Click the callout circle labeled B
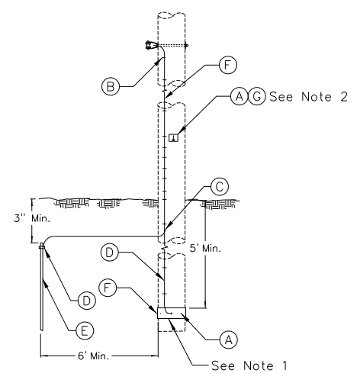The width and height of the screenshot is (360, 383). (x=111, y=86)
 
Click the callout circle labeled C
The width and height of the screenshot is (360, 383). (x=220, y=187)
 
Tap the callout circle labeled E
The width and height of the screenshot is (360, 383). (x=85, y=330)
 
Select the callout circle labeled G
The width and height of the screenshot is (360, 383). (x=257, y=97)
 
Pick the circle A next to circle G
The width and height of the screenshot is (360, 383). (x=239, y=97)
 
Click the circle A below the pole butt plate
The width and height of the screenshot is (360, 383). (x=229, y=340)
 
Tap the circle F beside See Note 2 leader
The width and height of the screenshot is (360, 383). (x=228, y=65)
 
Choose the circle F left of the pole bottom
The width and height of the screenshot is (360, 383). (x=108, y=288)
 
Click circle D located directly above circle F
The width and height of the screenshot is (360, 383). (x=110, y=253)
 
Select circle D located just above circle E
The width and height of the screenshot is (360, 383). (x=87, y=301)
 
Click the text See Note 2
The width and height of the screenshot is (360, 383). (x=308, y=97)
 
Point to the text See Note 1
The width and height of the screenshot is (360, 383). (x=249, y=365)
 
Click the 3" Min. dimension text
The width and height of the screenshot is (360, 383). (x=32, y=218)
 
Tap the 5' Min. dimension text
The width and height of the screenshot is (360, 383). (x=205, y=248)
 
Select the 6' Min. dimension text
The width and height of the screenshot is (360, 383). (x=94, y=356)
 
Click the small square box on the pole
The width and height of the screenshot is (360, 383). (x=174, y=137)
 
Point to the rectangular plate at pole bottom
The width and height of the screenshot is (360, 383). (x=172, y=313)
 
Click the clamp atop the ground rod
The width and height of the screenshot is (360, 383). (x=42, y=246)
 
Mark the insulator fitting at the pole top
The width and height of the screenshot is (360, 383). (x=149, y=46)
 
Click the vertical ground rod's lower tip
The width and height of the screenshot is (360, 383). (x=42, y=330)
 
